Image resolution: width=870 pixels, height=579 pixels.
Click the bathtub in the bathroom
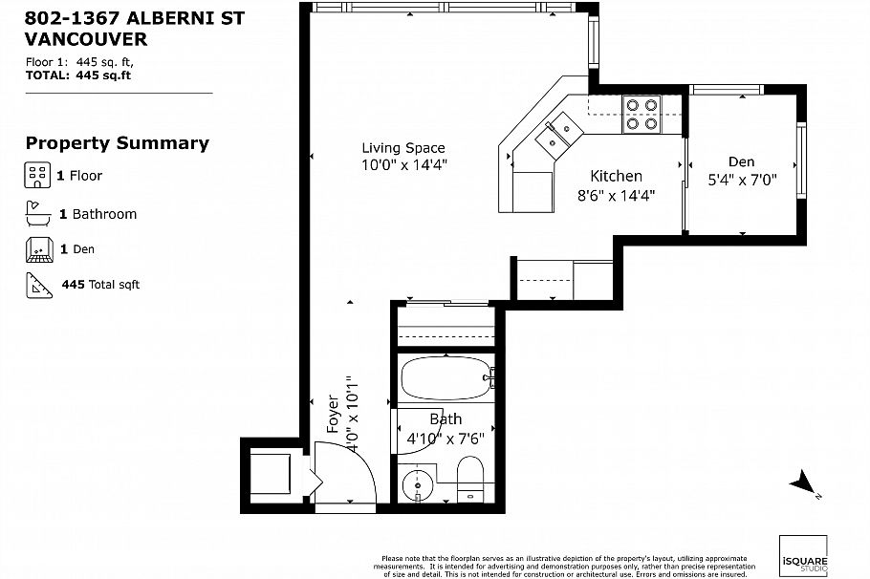tap(444, 379)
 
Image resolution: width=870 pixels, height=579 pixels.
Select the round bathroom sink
tap(417, 485)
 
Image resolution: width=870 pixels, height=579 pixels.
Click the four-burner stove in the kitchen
tap(642, 114)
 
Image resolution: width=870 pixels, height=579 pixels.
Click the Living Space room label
tap(402, 148)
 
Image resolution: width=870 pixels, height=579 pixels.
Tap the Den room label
tap(741, 161)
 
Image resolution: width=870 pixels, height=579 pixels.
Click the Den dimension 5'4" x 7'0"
tap(741, 179)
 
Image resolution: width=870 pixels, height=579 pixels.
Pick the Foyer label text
tap(333, 415)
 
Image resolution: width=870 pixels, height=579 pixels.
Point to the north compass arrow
tap(801, 482)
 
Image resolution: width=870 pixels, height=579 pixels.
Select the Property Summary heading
tap(117, 143)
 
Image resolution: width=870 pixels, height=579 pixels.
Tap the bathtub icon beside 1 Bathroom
tap(35, 212)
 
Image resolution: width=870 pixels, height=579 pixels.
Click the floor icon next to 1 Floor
tap(35, 175)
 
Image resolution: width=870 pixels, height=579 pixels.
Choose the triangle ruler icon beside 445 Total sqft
tap(36, 284)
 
